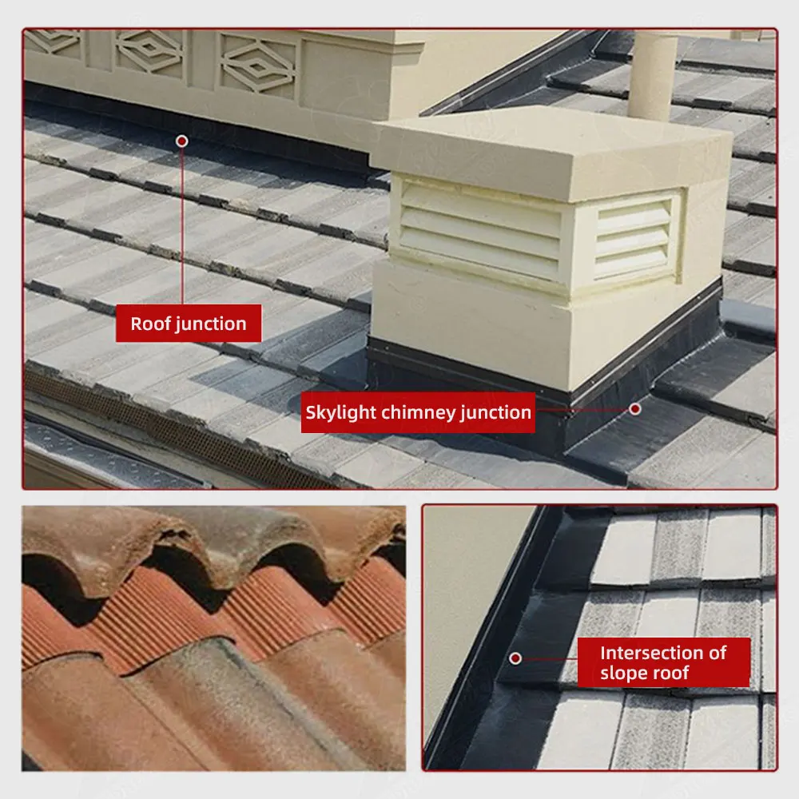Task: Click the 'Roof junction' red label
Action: tap(189, 324)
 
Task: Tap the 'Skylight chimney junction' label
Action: tap(418, 413)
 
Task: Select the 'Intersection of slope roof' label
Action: tap(663, 662)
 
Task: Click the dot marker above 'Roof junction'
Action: tap(182, 141)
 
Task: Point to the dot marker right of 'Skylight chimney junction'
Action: tap(634, 408)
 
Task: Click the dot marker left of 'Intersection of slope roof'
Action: tap(515, 658)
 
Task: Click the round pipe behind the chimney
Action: tap(654, 76)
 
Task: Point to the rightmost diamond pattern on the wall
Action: tap(258, 65)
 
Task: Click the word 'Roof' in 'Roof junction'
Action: tap(148, 324)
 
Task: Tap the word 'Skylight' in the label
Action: tap(342, 413)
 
